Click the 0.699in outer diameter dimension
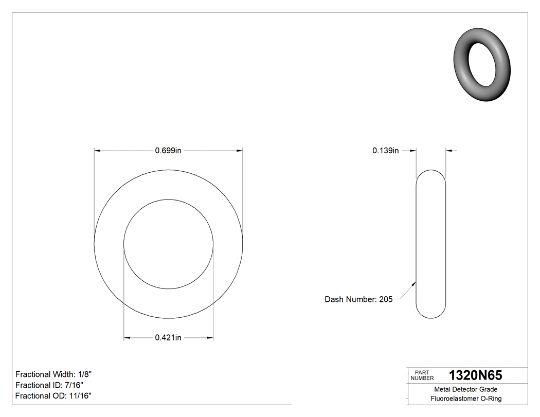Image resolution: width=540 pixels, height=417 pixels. click(168, 151)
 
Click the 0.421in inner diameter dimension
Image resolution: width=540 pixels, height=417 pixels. click(168, 338)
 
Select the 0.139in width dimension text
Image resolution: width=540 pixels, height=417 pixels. click(386, 151)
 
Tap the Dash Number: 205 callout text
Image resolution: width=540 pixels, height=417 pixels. click(358, 299)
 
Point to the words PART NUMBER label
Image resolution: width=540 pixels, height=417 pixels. click(422, 375)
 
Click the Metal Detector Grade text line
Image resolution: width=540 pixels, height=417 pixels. click(465, 389)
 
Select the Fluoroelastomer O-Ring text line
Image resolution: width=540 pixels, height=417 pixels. click(465, 398)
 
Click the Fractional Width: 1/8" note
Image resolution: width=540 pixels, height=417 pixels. click(53, 374)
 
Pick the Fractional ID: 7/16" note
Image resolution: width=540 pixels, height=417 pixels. click(49, 385)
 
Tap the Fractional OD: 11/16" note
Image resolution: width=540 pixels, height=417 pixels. click(53, 395)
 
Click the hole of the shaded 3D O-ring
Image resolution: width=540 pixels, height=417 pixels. click(485, 64)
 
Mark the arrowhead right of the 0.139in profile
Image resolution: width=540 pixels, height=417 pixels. click(448, 151)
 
